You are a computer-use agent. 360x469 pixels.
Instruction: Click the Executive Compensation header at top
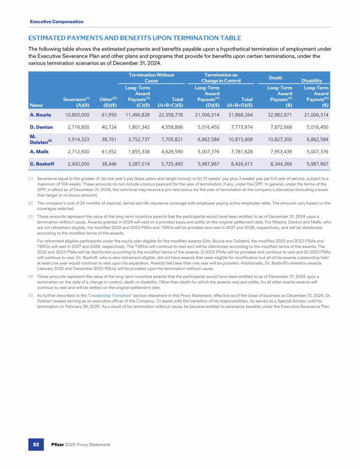57,22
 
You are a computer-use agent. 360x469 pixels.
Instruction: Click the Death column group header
276,78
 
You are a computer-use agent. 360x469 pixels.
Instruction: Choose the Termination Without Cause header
151,78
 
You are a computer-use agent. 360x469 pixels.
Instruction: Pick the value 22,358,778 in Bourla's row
167,114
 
